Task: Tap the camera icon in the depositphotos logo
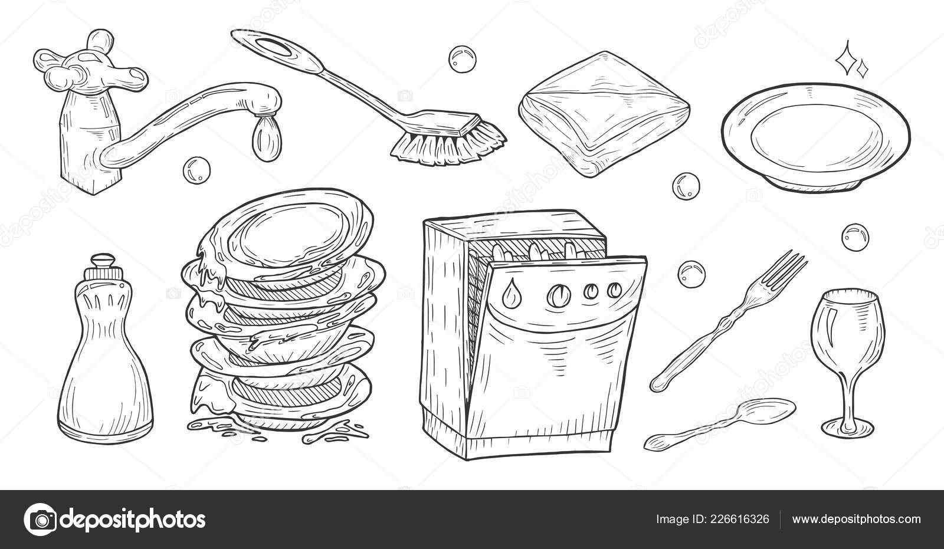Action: (x=41, y=520)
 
